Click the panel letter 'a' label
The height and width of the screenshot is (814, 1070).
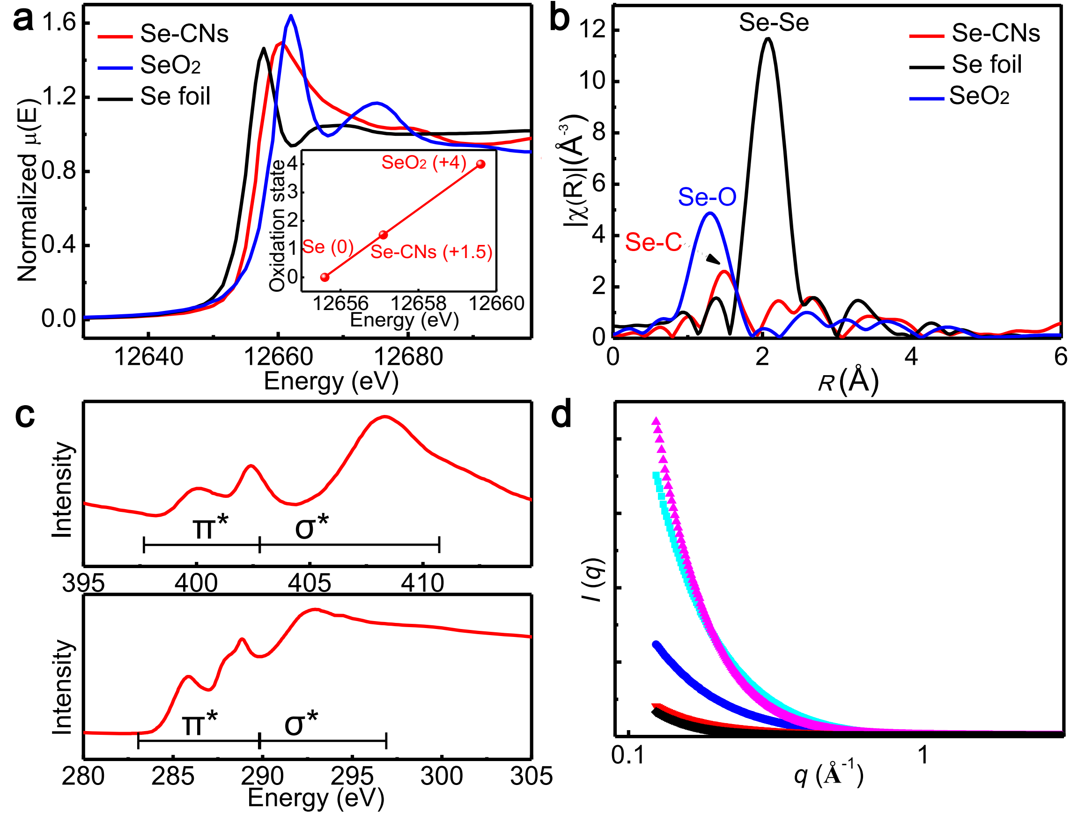(23, 20)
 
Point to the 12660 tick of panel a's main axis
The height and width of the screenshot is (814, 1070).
(278, 357)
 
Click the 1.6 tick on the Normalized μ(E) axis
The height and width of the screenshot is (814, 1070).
(59, 22)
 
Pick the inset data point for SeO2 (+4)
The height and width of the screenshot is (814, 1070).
(480, 164)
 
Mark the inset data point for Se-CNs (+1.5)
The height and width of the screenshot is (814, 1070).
(383, 235)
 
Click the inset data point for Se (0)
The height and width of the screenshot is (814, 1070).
(325, 277)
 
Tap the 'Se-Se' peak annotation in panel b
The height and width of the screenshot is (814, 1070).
(774, 23)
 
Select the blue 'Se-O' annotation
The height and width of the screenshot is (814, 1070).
(707, 197)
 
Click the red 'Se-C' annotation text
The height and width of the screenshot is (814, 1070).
(653, 242)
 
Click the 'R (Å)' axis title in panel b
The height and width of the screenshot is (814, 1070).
(848, 382)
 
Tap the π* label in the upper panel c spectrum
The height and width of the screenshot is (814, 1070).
(210, 527)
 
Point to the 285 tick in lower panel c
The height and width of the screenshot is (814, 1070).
(173, 776)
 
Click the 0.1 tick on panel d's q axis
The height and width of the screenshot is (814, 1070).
(628, 755)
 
